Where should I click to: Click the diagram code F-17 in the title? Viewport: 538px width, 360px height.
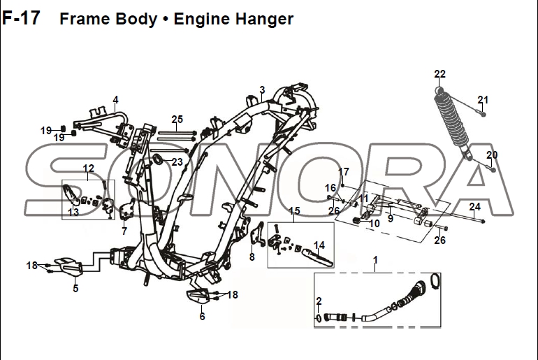click(21, 18)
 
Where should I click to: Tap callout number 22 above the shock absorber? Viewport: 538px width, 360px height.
click(439, 74)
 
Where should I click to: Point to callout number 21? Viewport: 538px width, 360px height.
click(483, 100)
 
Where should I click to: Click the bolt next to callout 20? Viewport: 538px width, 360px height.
click(490, 168)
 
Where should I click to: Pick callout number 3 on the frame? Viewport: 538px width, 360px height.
click(262, 90)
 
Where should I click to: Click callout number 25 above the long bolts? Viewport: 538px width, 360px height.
click(177, 120)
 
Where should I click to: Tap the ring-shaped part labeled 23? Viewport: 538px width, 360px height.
click(157, 159)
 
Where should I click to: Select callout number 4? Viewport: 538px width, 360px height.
click(115, 100)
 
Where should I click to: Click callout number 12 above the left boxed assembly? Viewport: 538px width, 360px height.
click(89, 168)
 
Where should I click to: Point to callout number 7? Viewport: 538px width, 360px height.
click(124, 231)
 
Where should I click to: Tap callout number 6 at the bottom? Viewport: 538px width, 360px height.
click(202, 316)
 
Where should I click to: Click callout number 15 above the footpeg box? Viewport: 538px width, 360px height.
click(294, 210)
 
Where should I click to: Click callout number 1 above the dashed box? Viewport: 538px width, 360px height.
click(375, 260)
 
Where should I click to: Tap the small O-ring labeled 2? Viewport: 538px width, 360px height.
click(319, 318)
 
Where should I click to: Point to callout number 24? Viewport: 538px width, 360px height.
click(475, 207)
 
